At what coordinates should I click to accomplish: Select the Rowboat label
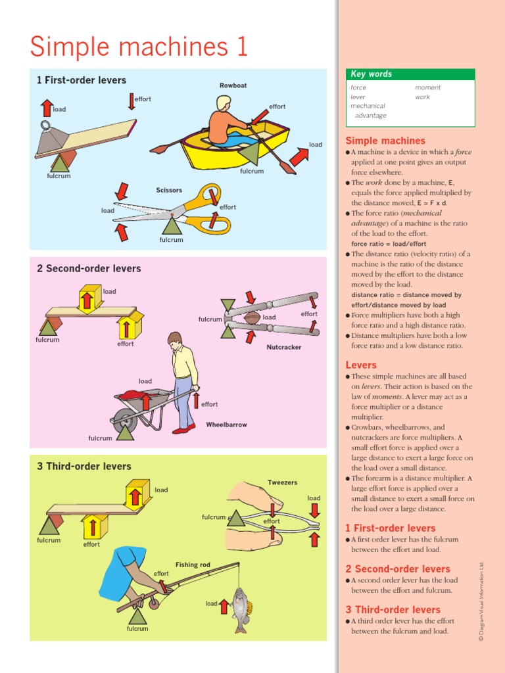click(x=233, y=85)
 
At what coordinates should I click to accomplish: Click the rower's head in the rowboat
click(x=224, y=103)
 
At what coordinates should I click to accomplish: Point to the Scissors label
click(x=169, y=190)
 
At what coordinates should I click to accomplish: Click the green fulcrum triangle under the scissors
click(x=172, y=226)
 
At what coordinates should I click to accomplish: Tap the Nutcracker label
click(x=284, y=347)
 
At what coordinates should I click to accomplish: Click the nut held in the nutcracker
click(x=251, y=317)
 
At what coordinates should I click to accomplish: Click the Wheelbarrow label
click(x=226, y=425)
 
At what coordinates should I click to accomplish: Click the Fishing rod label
click(x=193, y=565)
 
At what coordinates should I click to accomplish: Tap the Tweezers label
click(x=282, y=482)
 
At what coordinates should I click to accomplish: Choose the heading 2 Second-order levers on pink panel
click(x=89, y=268)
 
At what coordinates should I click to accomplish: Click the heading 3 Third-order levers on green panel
click(x=84, y=466)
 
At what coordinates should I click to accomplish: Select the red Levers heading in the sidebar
click(x=361, y=365)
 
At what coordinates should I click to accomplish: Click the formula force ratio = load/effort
click(x=389, y=244)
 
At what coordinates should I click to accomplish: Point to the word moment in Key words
click(x=427, y=87)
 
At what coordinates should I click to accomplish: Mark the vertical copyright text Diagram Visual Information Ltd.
click(x=481, y=601)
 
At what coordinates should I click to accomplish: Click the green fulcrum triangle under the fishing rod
click(x=137, y=616)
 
